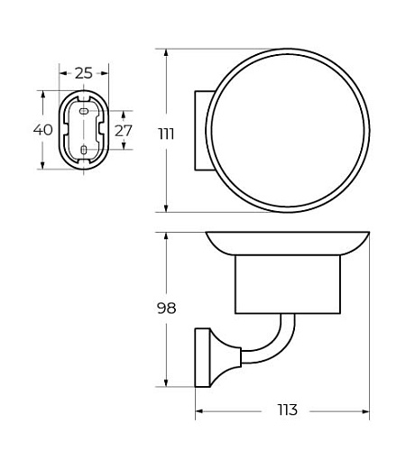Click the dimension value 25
tap(84, 73)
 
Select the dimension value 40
tap(43, 130)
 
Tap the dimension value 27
tap(124, 131)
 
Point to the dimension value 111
tap(166, 133)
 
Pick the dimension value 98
tap(166, 308)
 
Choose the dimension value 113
tap(287, 410)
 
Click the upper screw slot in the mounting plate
tap(84, 111)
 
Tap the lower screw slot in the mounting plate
tap(84, 150)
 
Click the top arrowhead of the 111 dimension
tap(166, 53)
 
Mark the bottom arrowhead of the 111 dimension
tap(166, 207)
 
